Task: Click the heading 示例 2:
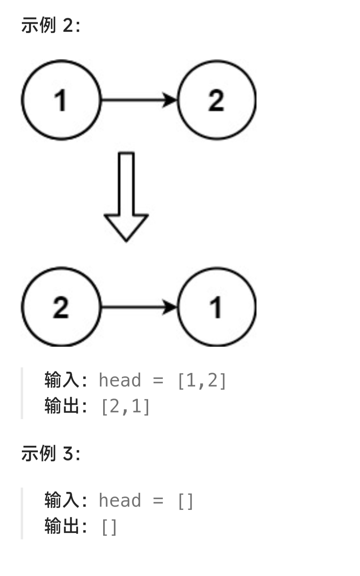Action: click(x=51, y=26)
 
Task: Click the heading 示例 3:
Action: click(x=51, y=453)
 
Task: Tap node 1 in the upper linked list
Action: click(x=61, y=100)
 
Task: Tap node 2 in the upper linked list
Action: click(x=217, y=100)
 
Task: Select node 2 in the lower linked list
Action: click(x=61, y=307)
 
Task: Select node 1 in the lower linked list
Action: click(x=217, y=307)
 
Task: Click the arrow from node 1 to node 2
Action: click(x=139, y=100)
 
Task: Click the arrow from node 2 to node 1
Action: click(x=139, y=307)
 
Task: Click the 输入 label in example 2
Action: click(x=62, y=380)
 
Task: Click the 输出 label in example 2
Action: click(x=62, y=406)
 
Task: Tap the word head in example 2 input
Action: click(x=119, y=380)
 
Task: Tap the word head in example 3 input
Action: click(x=119, y=500)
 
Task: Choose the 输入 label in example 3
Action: click(x=62, y=500)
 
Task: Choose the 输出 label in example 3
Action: click(x=62, y=527)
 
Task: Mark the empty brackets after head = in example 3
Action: click(x=186, y=501)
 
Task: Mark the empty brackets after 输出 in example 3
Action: click(x=109, y=527)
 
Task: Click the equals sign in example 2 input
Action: click(x=158, y=381)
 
